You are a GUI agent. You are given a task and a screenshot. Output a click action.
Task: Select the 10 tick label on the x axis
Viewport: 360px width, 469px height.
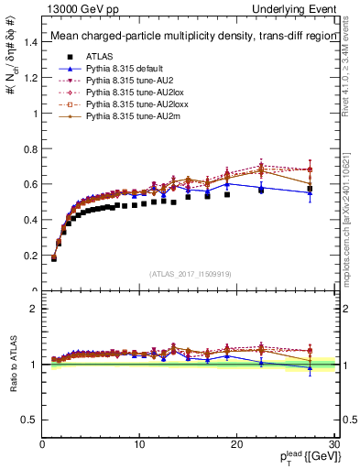tap(139, 444)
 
